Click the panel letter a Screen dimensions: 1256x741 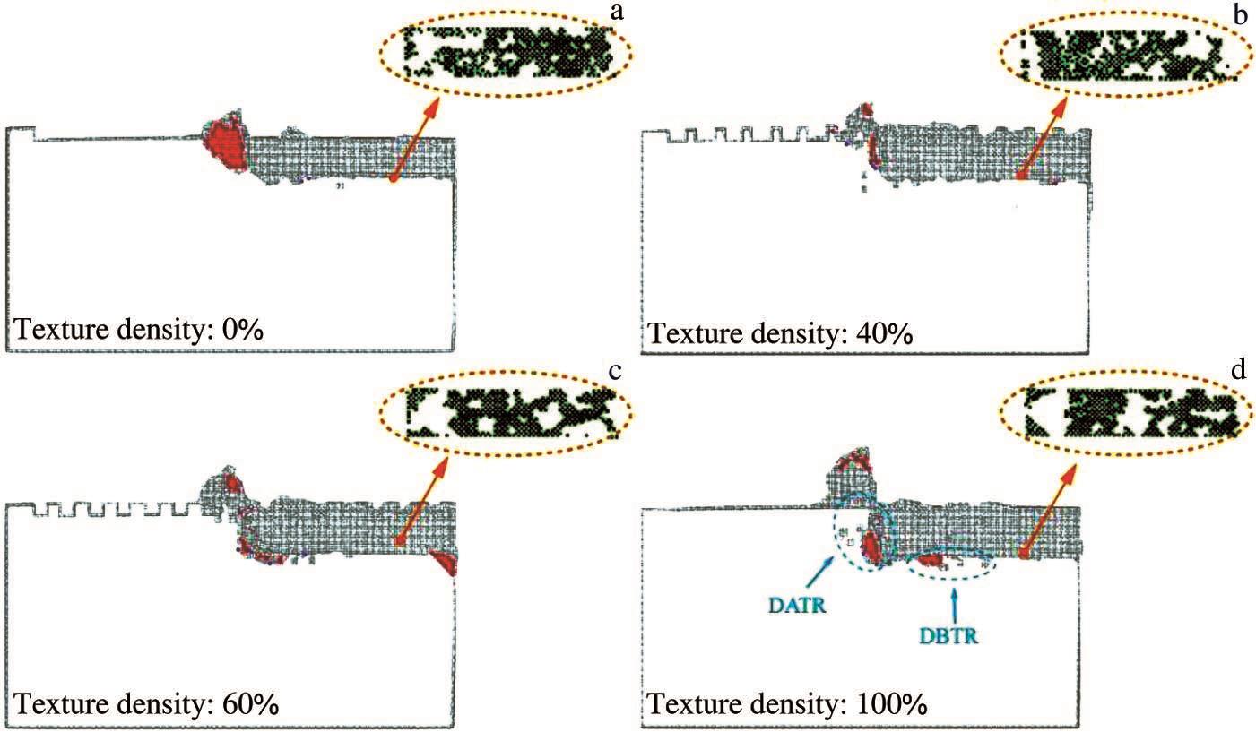(616, 11)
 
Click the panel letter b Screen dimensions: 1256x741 (1240, 15)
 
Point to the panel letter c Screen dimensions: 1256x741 (614, 371)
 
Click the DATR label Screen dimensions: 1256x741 (797, 606)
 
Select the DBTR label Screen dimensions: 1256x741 (948, 635)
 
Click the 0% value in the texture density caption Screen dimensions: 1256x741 (242, 330)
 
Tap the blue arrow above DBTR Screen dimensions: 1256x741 (955, 607)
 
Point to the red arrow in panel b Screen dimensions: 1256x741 (1043, 139)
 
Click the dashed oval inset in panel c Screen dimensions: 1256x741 (506, 414)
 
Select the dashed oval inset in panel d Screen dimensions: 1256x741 (1126, 413)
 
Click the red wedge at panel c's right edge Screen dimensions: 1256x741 (446, 562)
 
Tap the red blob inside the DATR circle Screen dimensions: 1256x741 (871, 547)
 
